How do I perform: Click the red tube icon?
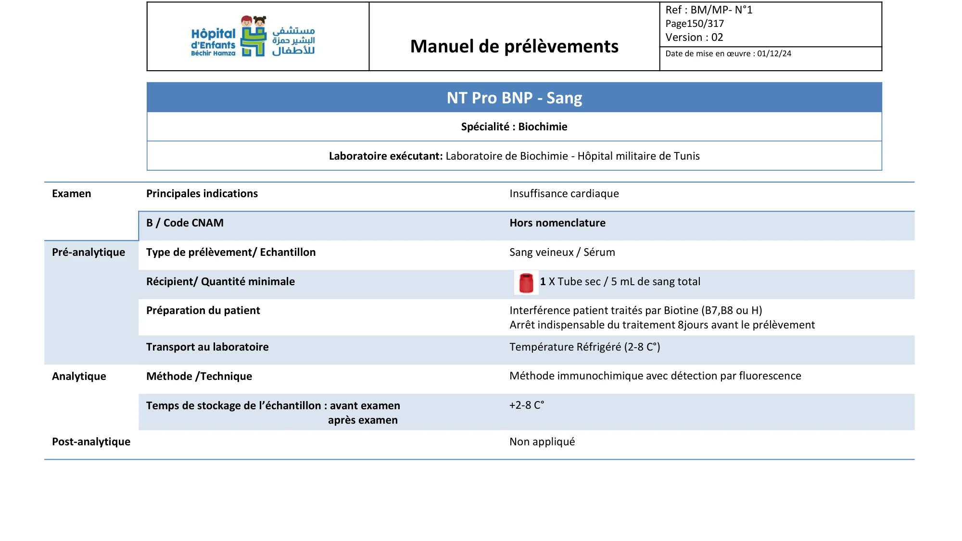(526, 283)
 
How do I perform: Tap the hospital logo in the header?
(253, 37)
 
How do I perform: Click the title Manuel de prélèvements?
(514, 46)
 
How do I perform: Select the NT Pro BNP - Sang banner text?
(514, 98)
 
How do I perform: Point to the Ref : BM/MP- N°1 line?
(709, 10)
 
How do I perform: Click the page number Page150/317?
(694, 24)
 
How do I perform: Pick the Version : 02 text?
(694, 37)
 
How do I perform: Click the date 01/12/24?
(774, 53)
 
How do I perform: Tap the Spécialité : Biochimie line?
(514, 126)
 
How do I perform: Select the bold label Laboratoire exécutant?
(386, 156)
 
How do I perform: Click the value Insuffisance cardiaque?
(564, 193)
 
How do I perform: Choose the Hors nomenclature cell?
(557, 223)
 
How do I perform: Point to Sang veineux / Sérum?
(562, 252)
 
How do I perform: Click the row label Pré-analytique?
(89, 252)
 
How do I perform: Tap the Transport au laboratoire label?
(207, 347)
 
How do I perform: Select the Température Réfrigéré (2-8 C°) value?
(584, 347)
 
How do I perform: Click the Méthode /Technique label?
(199, 376)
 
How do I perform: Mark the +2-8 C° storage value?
(526, 405)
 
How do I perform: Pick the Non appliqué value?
(542, 441)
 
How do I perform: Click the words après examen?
(363, 420)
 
